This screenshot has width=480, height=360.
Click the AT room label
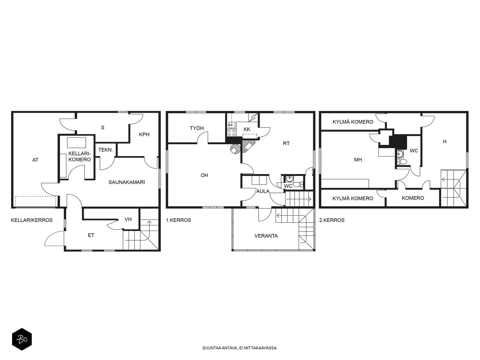[x=35, y=160]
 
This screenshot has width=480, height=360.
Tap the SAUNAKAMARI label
[x=127, y=182]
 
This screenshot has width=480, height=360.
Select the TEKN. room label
[x=106, y=150]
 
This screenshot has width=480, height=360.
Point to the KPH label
[x=144, y=134]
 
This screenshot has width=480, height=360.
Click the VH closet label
[x=128, y=219]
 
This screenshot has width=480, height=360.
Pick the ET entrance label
[x=91, y=235]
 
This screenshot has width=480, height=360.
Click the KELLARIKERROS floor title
[x=32, y=220]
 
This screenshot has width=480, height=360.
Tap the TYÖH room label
[x=196, y=128]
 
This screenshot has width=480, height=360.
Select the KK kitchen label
[x=247, y=129]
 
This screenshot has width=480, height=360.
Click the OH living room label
[x=204, y=175]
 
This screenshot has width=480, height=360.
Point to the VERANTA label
[x=266, y=236]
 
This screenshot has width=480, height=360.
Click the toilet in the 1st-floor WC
[x=298, y=184]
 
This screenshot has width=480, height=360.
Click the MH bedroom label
[x=358, y=160]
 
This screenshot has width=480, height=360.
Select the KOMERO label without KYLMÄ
[x=413, y=198]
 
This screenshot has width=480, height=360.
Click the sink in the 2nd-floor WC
[x=400, y=154]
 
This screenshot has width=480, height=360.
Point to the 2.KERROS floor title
[x=332, y=220]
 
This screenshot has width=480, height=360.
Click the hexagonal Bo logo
[x=22, y=340]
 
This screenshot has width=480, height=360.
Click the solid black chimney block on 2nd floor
[x=398, y=142]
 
